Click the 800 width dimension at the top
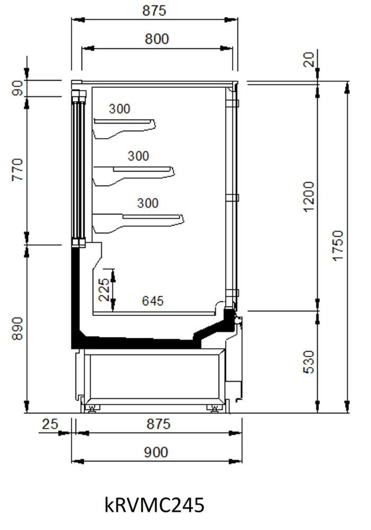pyautogui.click(x=157, y=39)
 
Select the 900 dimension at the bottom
pyautogui.click(x=156, y=452)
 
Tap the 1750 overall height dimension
pyautogui.click(x=338, y=245)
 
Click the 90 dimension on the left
pyautogui.click(x=17, y=88)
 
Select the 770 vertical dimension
pyautogui.click(x=17, y=170)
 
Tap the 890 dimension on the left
pyautogui.click(x=17, y=329)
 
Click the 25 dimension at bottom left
pyautogui.click(x=50, y=424)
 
